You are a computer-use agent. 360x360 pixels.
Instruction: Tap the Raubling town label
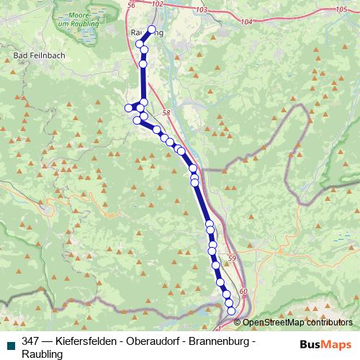[147, 33]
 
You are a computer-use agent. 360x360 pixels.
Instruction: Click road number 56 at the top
[130, 5]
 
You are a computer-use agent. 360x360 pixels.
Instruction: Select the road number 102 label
[158, 5]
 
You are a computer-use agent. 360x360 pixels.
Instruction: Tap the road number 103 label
[201, 10]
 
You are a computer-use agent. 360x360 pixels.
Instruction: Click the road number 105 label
[341, 9]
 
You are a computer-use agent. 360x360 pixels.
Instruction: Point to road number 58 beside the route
[166, 112]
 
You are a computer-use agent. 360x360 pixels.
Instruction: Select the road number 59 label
[231, 258]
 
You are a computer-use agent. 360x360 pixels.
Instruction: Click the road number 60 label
[243, 290]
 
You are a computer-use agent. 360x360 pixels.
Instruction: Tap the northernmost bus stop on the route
[151, 30]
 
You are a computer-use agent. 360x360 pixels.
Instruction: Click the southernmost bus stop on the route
[231, 311]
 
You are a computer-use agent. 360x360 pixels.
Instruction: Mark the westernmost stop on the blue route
[129, 108]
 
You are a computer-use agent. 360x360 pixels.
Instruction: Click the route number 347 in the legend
[31, 341]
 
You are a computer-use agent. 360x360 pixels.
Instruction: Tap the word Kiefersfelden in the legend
[81, 341]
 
